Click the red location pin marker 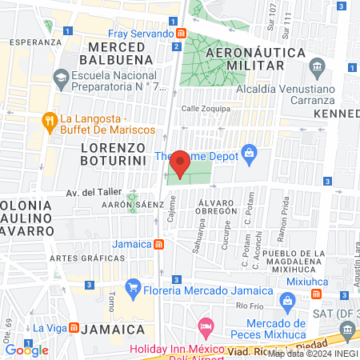coord(180,164)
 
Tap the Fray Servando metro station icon coord(182,34)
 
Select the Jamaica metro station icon coord(159,244)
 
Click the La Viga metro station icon coord(74,327)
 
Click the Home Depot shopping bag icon coord(250,151)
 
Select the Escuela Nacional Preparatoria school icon coord(61,78)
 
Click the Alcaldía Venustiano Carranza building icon coord(318,65)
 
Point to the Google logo coord(26,350)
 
